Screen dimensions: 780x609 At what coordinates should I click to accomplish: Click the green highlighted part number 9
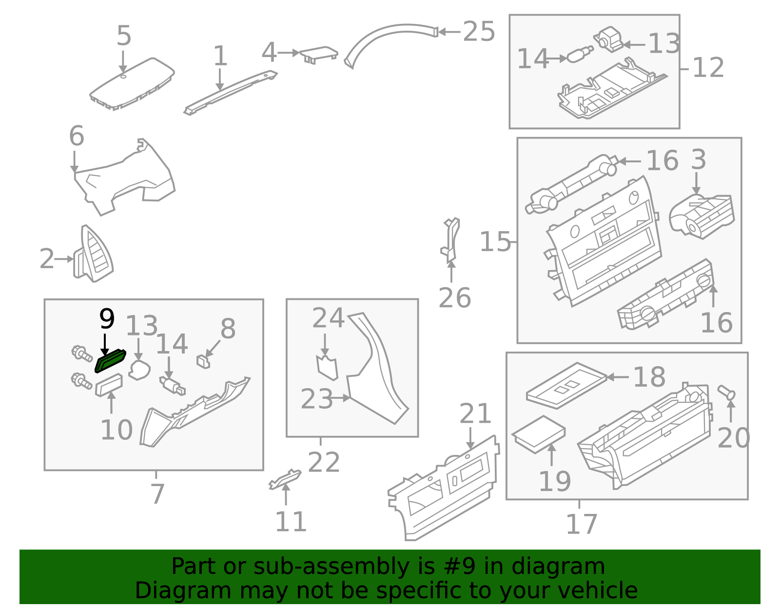point(110,360)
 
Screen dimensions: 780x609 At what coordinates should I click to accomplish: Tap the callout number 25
point(479,31)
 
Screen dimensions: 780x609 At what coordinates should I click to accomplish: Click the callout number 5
point(124,36)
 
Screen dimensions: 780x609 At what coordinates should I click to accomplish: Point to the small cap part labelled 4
point(319,55)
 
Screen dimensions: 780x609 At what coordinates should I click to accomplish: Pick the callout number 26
point(454,297)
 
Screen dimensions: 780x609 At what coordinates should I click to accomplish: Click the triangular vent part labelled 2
point(93,254)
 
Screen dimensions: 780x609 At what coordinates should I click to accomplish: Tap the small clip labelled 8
point(203,361)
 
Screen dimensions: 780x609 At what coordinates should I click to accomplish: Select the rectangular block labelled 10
point(109,385)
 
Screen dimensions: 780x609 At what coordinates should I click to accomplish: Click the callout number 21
point(475,413)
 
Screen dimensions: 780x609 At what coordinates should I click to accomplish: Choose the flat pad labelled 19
point(538,434)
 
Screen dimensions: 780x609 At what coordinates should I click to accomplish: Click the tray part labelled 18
point(566,385)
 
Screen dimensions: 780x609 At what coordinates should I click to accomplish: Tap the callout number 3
point(699,160)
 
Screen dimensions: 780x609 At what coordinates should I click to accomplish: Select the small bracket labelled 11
point(285,479)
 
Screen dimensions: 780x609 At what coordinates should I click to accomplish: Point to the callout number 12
point(708,67)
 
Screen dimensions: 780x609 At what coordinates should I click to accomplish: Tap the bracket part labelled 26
point(450,240)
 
